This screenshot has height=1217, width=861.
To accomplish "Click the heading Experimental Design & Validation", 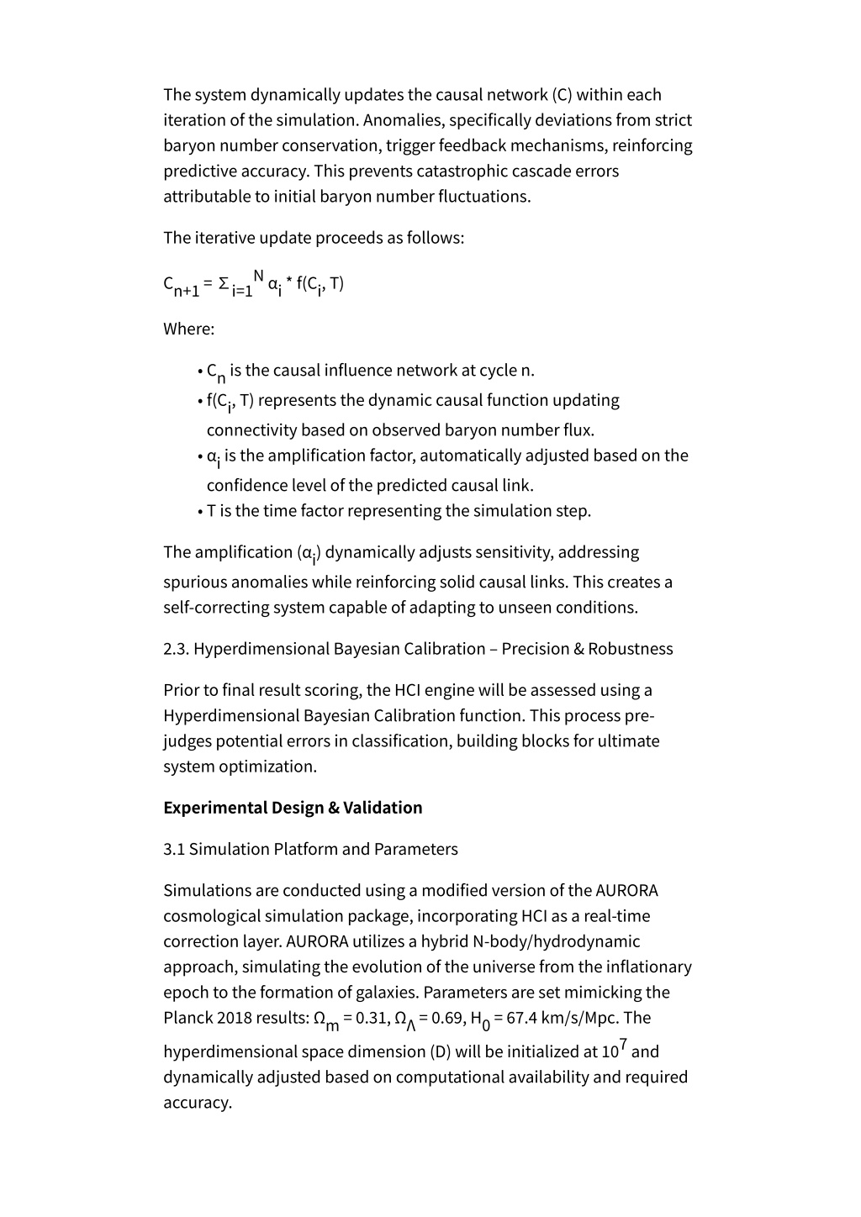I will click(293, 808).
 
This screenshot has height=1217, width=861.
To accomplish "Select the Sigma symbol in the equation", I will click(223, 284).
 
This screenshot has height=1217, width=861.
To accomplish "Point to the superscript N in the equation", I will click(259, 275).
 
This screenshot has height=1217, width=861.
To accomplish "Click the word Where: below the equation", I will click(189, 329).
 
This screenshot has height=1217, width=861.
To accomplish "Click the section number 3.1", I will click(174, 849).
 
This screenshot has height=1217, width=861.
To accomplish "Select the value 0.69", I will click(446, 1018).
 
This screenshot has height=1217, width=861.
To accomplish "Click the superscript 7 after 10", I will click(623, 1043).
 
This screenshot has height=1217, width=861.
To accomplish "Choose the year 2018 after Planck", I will click(235, 1018).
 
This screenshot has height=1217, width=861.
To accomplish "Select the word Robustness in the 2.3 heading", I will click(631, 649).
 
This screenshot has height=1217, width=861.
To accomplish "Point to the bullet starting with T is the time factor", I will click(399, 511).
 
